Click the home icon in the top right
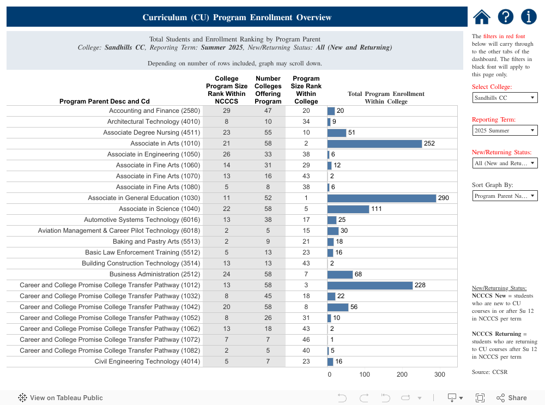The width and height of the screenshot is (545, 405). pos(482,17)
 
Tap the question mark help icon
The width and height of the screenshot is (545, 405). pos(506,17)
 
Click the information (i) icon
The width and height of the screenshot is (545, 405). pos(529,17)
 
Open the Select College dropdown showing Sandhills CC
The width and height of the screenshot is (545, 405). pos(505,98)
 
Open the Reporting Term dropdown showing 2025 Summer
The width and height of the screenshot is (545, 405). pos(505,130)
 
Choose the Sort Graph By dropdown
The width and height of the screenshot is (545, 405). pos(505,196)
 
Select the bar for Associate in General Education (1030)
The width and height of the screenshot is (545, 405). pos(381,198)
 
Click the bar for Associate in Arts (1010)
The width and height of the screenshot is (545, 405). pos(374,143)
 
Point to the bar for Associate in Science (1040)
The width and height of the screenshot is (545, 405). pos(348,209)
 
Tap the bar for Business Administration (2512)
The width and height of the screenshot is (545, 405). pos(340,274)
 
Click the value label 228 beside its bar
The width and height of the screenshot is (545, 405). pos(420,285)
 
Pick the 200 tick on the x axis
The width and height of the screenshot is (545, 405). pos(402,374)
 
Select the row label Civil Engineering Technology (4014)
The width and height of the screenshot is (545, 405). pos(147,361)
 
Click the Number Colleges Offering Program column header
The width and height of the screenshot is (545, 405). pos(268,90)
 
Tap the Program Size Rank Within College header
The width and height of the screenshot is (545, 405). pos(306,90)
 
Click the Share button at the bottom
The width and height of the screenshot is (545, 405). pos(512,398)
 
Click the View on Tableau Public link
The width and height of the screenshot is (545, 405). pos(60,398)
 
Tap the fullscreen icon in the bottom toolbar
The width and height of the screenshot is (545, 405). pos(480,398)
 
